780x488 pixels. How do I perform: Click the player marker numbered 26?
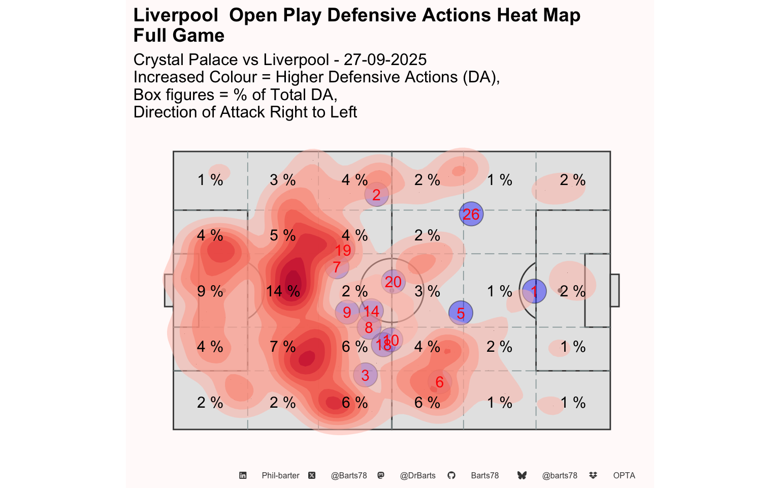coord(471,214)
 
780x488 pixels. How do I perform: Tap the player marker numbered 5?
coord(461,313)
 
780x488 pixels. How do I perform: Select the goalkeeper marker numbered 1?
coord(534,291)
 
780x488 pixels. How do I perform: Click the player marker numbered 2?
coord(376,195)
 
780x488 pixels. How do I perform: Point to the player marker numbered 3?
coord(365,375)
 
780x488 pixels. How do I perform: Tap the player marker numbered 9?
coord(347,312)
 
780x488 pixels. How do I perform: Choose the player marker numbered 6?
coord(440,382)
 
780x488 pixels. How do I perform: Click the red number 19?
coord(343,250)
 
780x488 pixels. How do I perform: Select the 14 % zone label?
coord(283,291)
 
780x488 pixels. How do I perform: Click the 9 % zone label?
coord(210,291)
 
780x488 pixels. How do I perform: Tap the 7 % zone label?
coord(283,347)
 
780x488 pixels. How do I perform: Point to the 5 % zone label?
coord(283,235)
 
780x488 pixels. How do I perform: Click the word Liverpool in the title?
coord(176,16)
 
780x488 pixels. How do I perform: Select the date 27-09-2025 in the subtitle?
coord(385,60)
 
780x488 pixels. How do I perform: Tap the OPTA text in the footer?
coord(624,476)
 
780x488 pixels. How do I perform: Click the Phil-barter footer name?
coord(280,476)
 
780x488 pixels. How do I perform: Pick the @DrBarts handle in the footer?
coord(417,476)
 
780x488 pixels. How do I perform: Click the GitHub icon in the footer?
coord(451,476)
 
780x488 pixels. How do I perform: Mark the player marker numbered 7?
coord(337,267)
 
